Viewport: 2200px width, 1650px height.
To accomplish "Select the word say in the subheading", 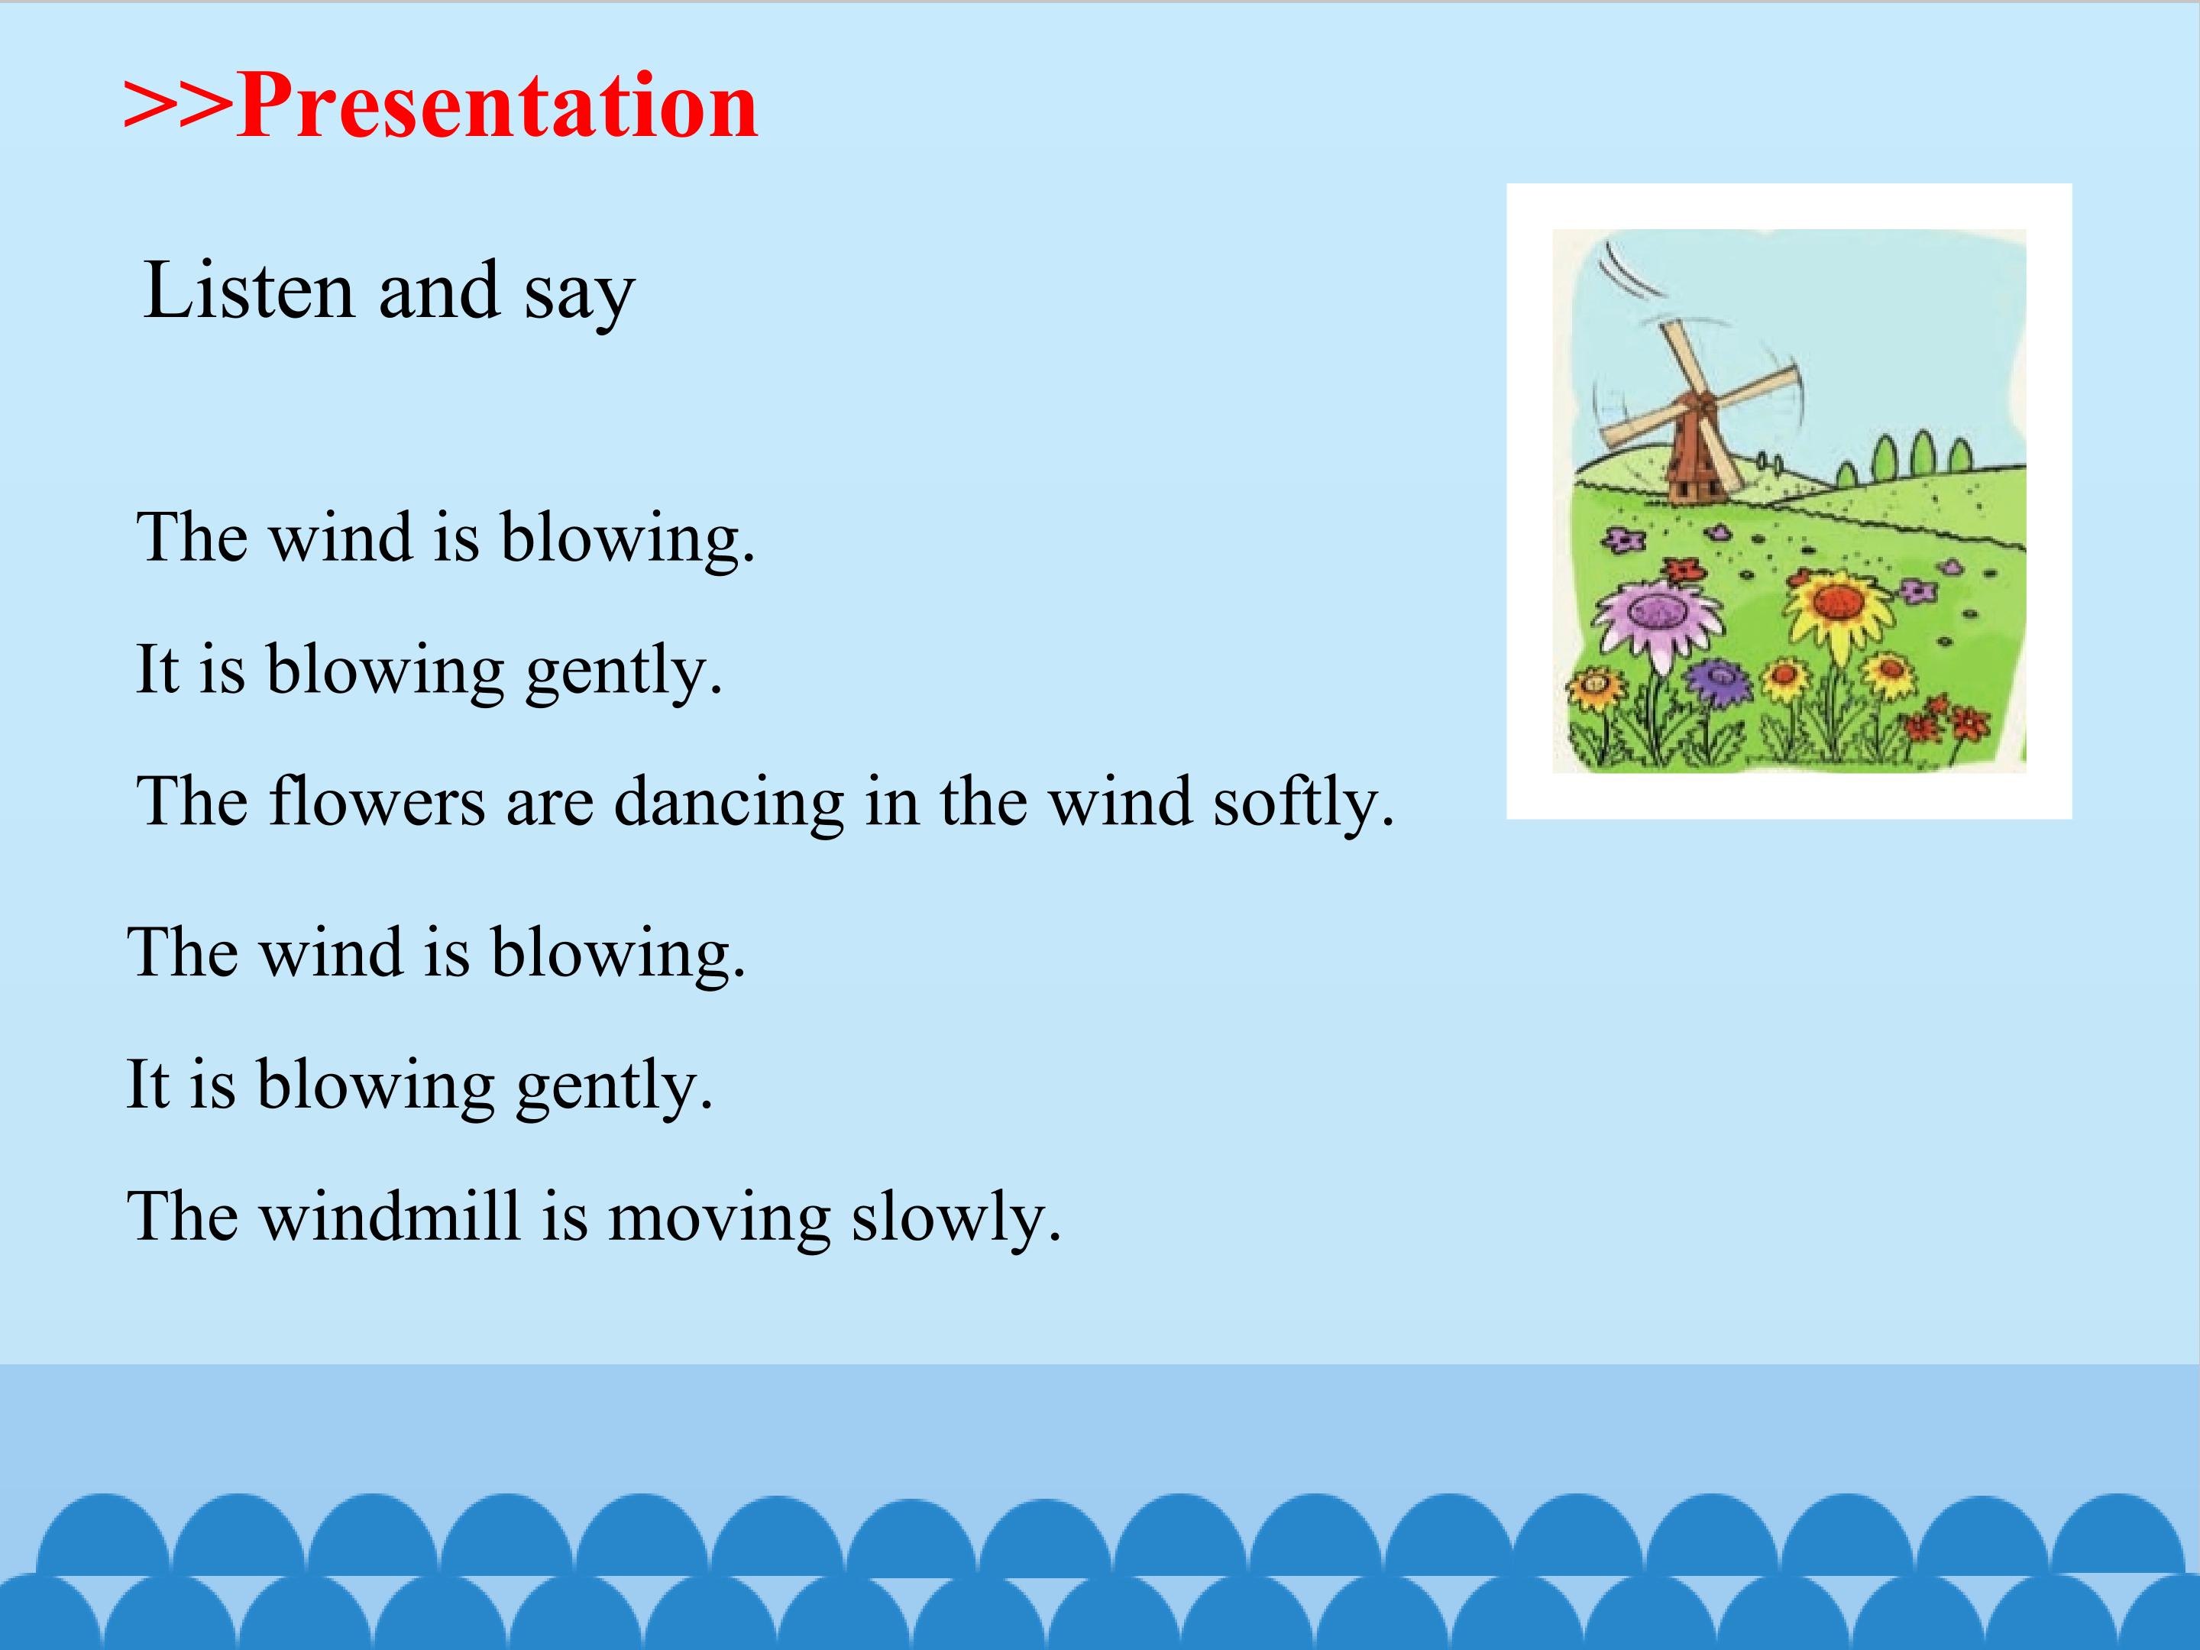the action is click(580, 296).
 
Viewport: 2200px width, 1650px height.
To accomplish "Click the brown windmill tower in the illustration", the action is click(1693, 452).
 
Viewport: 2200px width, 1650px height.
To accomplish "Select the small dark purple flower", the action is click(1718, 679).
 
